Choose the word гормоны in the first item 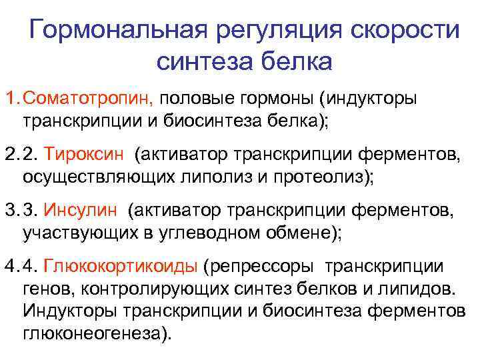(x=281, y=99)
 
